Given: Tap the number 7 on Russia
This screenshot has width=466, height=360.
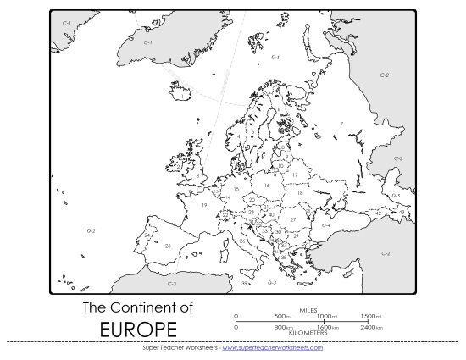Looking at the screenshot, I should coord(341,124).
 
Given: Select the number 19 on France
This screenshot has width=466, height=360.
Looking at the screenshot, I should coord(204,206).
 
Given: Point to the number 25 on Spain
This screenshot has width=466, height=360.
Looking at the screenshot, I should coord(168,246).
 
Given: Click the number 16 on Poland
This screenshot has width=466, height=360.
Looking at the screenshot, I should coord(266,185).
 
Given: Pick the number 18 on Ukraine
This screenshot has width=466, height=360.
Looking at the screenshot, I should coord(299,193).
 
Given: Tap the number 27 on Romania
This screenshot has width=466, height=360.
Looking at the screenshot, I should coord(292,219).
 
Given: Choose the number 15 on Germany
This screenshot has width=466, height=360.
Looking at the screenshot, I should coord(236,190).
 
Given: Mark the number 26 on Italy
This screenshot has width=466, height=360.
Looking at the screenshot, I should coord(242,241).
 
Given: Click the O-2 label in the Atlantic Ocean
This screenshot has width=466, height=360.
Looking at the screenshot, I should coord(92,230).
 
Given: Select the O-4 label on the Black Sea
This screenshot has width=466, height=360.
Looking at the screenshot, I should coord(325,225).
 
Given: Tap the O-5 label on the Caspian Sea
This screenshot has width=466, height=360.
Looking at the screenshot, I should coord(395,196).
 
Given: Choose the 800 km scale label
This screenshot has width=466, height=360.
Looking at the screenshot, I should coord(282,327).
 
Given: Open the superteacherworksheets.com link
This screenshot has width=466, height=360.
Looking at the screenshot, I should coord(272,347).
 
